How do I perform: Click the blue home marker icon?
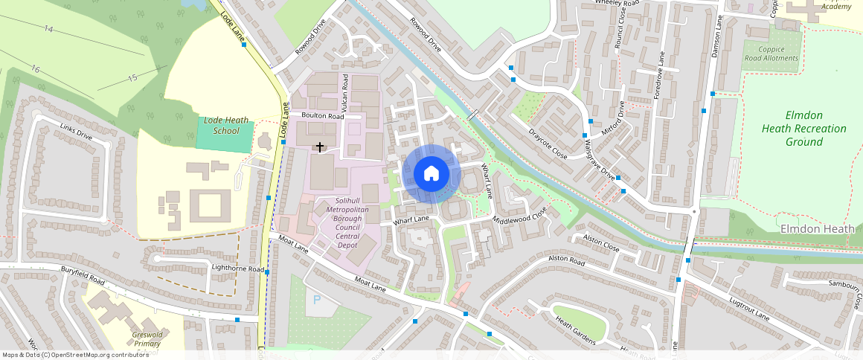point(431,174)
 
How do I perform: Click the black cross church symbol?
point(321,147)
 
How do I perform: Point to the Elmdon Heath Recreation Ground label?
point(803,129)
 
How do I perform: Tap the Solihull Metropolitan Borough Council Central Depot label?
point(347,222)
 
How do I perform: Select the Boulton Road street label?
point(322,117)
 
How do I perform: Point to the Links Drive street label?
point(75,132)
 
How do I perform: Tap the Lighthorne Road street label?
point(238,269)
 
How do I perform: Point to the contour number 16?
point(35,68)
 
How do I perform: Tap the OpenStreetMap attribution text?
point(75,355)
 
